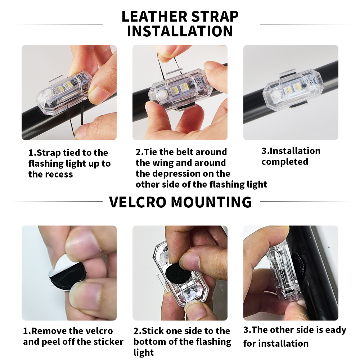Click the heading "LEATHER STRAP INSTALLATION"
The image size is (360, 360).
click(x=180, y=24)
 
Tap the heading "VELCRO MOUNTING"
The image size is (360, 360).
click(x=180, y=202)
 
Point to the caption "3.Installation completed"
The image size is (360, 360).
click(x=291, y=156)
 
